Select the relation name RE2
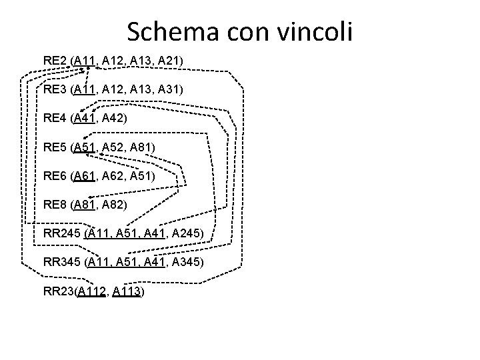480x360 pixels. point(55,61)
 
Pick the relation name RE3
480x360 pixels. point(55,89)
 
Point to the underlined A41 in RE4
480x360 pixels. point(85,118)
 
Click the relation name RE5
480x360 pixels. point(55,147)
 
